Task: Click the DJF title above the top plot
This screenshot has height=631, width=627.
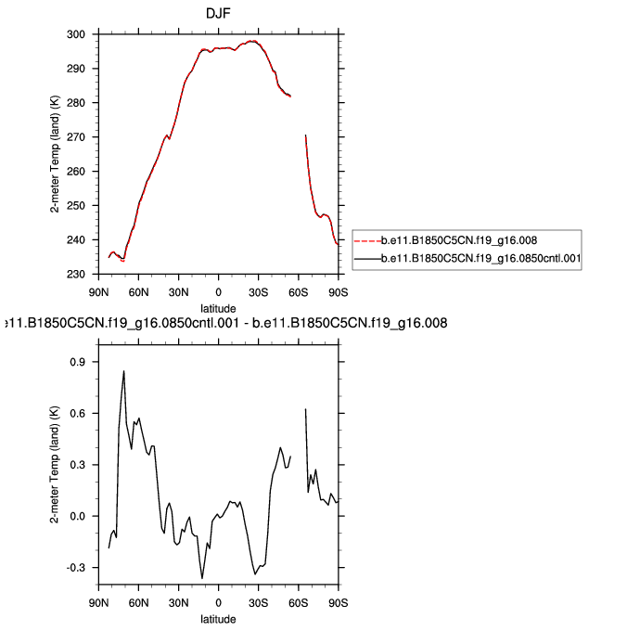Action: coord(218,13)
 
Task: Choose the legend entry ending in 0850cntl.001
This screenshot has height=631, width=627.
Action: coord(480,261)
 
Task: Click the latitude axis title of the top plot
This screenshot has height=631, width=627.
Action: coord(219,307)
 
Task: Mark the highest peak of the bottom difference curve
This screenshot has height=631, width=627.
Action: coord(123,371)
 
